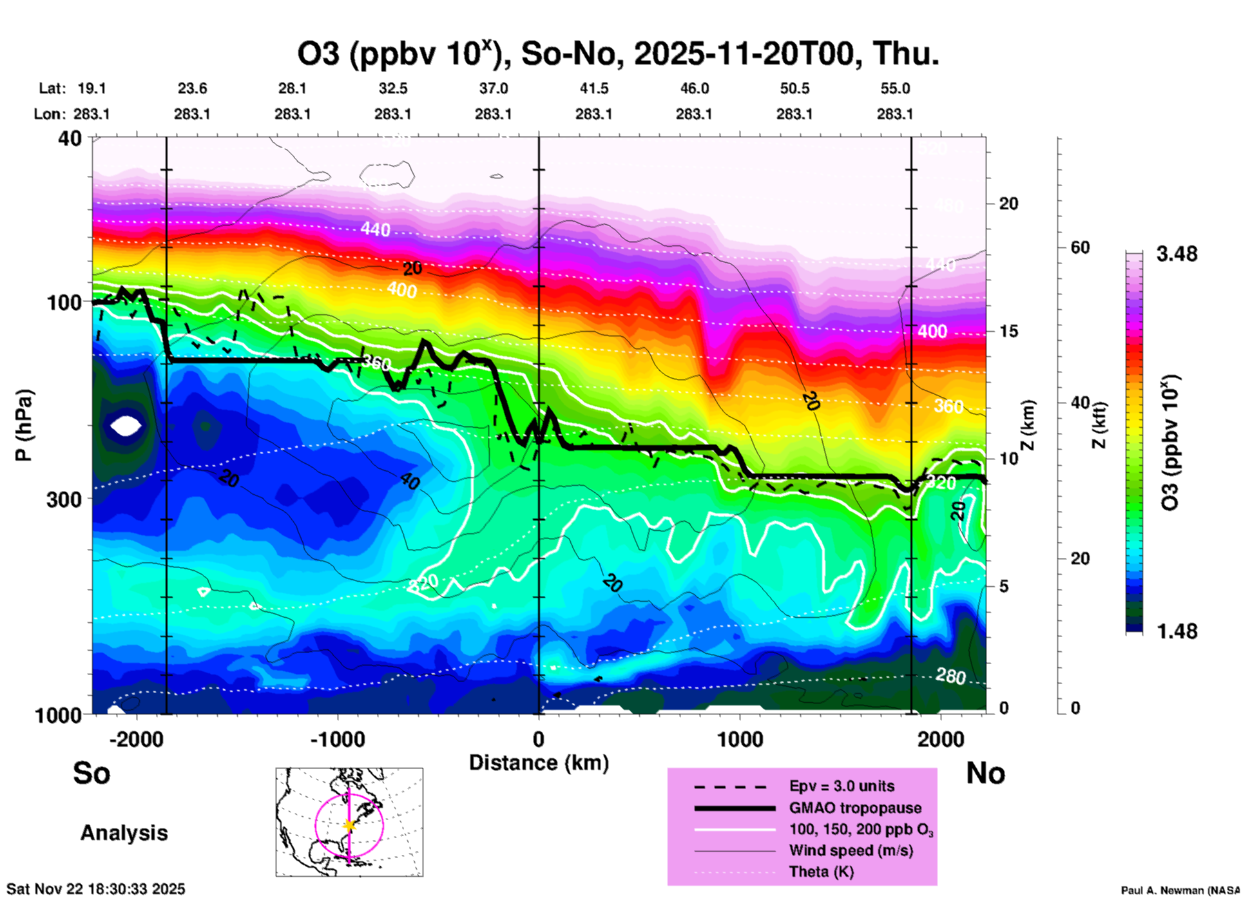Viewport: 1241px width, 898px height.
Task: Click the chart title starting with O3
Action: (x=617, y=53)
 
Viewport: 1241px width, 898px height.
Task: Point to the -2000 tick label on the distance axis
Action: (x=136, y=740)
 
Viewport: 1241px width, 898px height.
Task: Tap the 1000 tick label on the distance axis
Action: (x=740, y=740)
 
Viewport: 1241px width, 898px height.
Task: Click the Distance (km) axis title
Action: (x=539, y=763)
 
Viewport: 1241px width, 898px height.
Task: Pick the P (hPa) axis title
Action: (x=24, y=425)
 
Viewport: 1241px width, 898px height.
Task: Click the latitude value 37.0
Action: (x=493, y=88)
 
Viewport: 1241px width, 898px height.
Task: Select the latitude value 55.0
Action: (x=895, y=88)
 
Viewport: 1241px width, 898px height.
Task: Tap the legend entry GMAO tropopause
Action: (x=855, y=808)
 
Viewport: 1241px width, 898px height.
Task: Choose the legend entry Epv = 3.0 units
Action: (x=842, y=786)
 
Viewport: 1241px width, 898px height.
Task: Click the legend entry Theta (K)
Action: (x=821, y=872)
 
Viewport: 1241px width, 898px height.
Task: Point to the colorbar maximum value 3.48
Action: (x=1177, y=254)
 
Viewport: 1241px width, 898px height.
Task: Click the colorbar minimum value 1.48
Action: (x=1177, y=631)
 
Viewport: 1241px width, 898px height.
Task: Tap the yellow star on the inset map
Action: (x=349, y=825)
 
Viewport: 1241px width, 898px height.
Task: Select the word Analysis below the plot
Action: (x=124, y=833)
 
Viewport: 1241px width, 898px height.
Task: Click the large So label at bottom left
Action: (x=91, y=773)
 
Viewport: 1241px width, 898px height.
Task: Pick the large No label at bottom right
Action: (x=985, y=773)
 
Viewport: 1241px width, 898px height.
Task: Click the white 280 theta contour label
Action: (x=950, y=676)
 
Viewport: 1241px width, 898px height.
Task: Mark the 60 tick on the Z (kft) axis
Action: (x=1081, y=247)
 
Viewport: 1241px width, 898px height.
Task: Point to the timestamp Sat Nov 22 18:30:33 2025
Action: (x=96, y=889)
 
